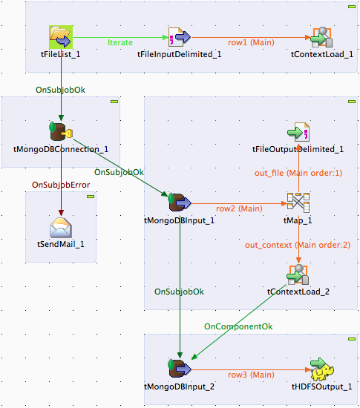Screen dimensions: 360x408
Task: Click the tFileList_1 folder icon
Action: (x=61, y=37)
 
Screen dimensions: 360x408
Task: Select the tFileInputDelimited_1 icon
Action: (x=180, y=37)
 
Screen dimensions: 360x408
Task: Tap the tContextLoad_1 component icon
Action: (x=321, y=37)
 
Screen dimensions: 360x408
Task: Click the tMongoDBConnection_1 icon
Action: (x=61, y=131)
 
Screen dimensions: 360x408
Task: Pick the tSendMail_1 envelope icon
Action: (x=61, y=227)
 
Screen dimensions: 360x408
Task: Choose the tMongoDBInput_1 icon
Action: (x=180, y=203)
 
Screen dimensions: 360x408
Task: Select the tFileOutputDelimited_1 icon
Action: (x=298, y=132)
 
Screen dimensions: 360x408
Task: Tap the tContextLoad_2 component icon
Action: (x=298, y=274)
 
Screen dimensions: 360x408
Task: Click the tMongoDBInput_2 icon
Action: (x=180, y=369)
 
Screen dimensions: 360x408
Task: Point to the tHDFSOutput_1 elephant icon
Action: (x=322, y=369)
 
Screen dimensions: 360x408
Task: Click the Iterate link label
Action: (x=120, y=42)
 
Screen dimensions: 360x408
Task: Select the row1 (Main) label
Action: (x=251, y=42)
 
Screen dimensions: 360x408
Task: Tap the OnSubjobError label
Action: (x=61, y=185)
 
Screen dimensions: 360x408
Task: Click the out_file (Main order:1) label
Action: (x=298, y=173)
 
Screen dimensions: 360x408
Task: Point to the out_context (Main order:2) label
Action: (x=298, y=245)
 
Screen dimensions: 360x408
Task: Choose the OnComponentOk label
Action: (x=238, y=326)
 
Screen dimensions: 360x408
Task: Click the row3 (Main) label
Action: (x=251, y=375)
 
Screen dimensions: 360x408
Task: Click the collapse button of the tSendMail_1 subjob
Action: (x=91, y=197)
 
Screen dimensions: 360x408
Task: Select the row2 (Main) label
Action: (x=239, y=208)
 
